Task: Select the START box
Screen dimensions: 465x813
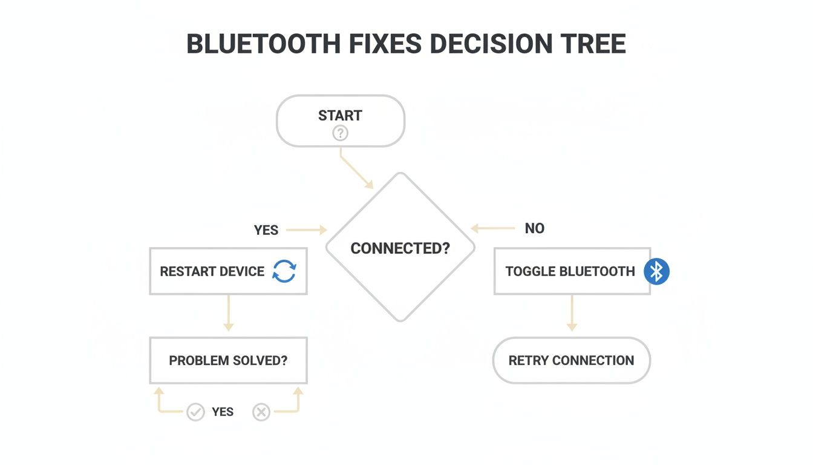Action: point(340,120)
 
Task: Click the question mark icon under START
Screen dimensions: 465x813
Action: point(340,133)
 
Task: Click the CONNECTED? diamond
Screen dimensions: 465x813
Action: point(400,248)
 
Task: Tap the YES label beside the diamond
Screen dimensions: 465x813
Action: point(266,230)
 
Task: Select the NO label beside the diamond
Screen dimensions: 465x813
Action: point(535,228)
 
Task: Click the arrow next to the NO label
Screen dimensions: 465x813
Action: point(492,229)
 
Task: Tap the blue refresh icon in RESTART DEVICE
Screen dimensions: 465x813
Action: point(284,271)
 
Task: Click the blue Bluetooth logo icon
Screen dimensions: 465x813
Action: point(656,271)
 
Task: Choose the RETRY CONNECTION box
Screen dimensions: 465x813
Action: point(571,361)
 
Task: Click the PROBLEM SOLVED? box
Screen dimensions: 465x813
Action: point(228,361)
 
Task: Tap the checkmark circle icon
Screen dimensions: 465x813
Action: point(195,412)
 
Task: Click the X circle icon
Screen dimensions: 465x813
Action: point(261,412)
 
